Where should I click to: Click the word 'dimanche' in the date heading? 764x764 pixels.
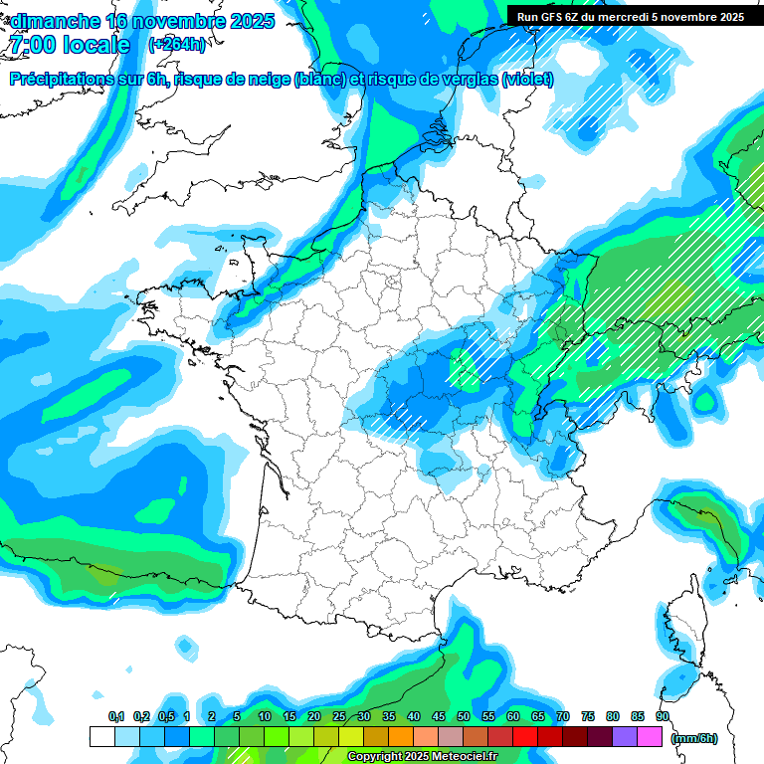55,21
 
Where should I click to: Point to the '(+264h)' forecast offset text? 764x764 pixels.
178,45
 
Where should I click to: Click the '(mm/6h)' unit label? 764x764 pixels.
694,737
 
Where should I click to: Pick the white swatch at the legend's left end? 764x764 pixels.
101,737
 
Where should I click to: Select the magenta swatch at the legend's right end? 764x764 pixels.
650,737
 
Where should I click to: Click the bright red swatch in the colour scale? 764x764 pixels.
525,737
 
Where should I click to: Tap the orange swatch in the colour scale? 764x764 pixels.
401,737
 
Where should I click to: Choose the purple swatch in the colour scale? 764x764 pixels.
625,737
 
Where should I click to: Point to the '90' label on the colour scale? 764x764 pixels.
663,716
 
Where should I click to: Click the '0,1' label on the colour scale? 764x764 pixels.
116,716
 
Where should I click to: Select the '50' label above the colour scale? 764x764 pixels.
464,716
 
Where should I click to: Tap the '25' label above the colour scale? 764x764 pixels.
339,716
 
